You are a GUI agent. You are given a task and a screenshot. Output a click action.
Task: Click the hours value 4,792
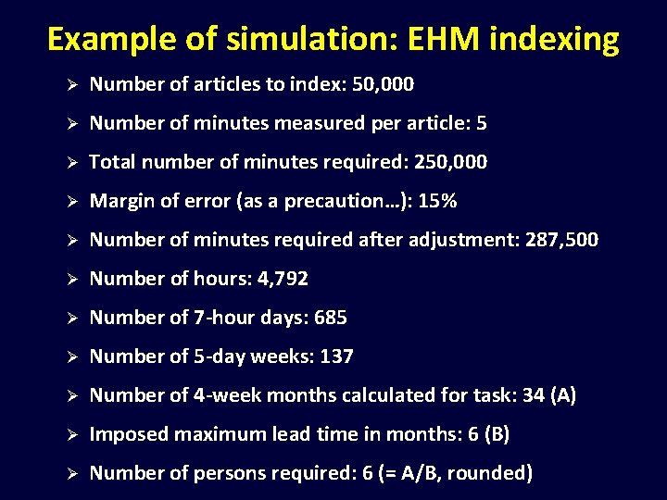(x=280, y=279)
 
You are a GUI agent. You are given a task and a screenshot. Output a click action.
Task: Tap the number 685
(x=331, y=318)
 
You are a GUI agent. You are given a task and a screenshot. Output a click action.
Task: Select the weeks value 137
(x=336, y=356)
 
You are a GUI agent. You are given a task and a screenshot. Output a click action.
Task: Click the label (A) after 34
(x=563, y=395)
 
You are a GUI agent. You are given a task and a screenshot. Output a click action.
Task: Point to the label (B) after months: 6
(x=497, y=434)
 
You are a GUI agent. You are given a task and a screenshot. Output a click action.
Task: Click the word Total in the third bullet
(x=111, y=162)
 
